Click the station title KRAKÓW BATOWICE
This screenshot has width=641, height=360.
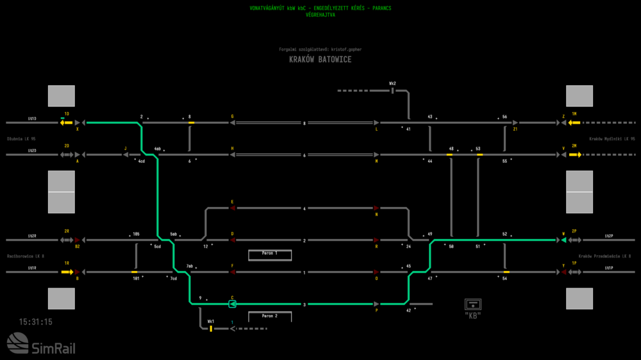click(x=320, y=60)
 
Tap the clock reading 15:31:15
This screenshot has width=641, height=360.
click(x=36, y=322)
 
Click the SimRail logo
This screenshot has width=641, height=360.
click(x=40, y=345)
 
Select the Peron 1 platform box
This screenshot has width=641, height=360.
click(x=270, y=254)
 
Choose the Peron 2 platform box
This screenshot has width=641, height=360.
click(x=270, y=316)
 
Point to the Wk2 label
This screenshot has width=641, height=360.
click(x=392, y=83)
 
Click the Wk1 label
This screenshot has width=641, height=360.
click(x=210, y=321)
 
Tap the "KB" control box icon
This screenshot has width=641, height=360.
click(x=473, y=305)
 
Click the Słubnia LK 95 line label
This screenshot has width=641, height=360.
click(x=21, y=138)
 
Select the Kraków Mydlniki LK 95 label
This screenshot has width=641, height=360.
click(x=612, y=138)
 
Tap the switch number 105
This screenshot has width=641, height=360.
click(x=136, y=234)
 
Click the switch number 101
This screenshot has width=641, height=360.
click(x=136, y=278)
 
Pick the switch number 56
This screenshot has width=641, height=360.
click(x=504, y=117)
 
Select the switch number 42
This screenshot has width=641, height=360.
click(x=409, y=310)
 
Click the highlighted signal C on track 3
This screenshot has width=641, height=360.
click(x=233, y=304)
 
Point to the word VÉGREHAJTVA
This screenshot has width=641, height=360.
click(x=320, y=14)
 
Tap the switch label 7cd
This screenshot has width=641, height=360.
click(x=173, y=278)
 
